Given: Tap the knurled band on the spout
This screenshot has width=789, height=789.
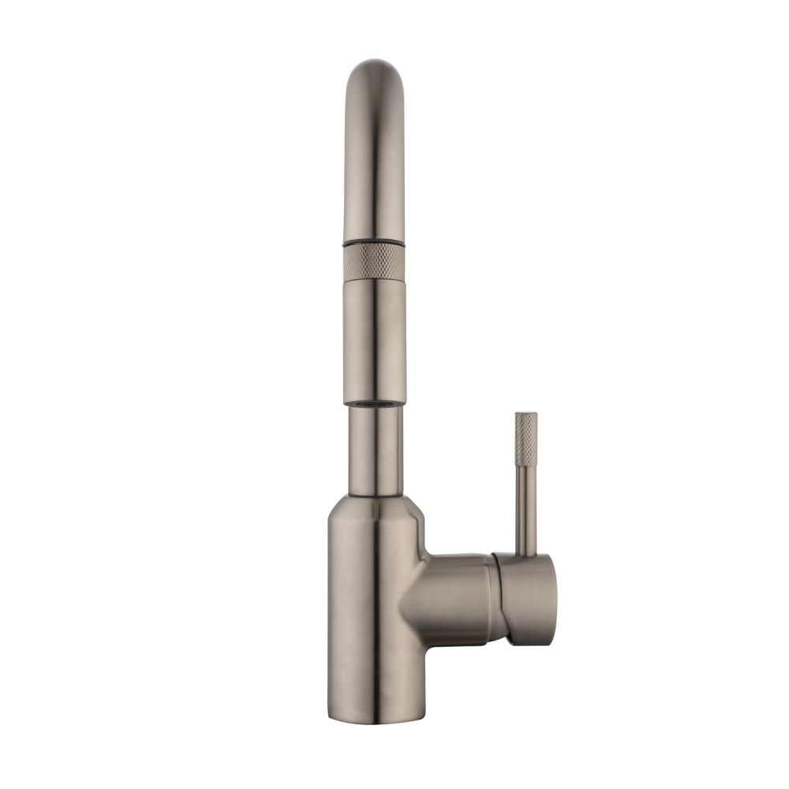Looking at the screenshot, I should (374, 263).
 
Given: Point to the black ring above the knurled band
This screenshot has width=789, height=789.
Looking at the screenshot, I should (374, 241).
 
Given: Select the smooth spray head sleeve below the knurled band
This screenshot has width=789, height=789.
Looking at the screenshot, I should (374, 339).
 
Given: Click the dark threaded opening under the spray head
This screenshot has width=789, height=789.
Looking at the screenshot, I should (374, 405).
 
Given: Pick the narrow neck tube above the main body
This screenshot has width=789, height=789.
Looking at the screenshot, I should (375, 450).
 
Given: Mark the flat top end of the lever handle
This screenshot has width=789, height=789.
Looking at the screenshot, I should (526, 413).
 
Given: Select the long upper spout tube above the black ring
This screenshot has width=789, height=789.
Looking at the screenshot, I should (374, 158).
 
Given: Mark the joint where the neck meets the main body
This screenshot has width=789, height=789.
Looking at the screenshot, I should (375, 495).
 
